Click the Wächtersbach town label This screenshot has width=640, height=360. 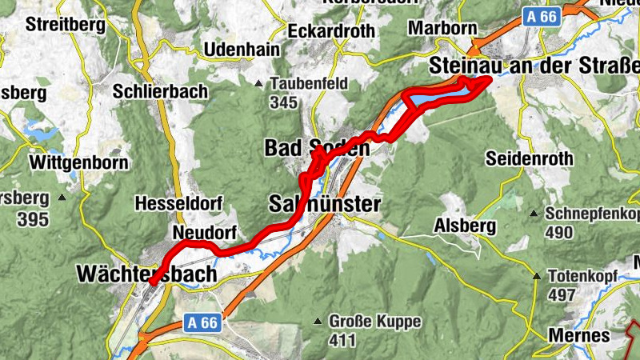(146, 274)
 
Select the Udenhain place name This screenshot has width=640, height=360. (242, 50)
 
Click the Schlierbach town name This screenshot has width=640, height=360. (161, 91)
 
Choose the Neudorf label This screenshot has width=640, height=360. (204, 232)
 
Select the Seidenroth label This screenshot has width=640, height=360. (530, 158)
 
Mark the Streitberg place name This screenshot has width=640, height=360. (66, 24)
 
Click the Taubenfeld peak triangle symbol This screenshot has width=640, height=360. (259, 83)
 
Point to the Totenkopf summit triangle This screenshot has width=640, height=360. (537, 276)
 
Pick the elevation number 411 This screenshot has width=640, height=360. (342, 341)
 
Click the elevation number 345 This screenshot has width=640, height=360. (283, 102)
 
